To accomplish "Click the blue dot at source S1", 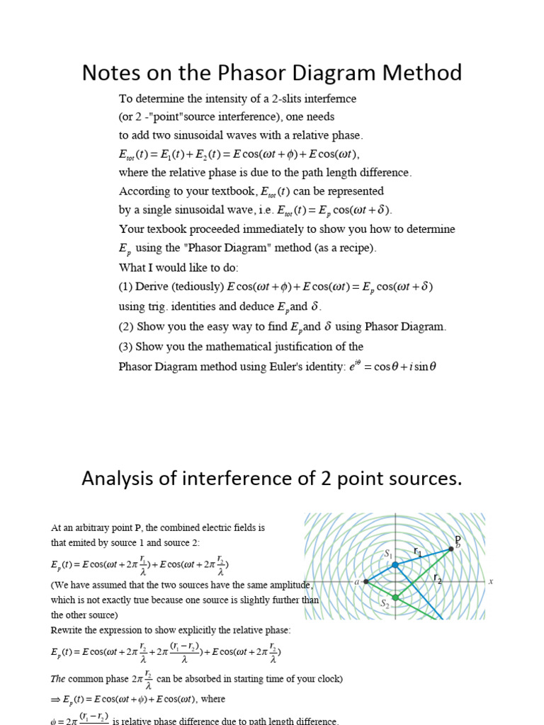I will click(395, 565).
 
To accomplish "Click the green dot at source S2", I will click(395, 598).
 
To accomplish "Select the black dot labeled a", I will click(365, 581).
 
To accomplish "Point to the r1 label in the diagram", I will click(418, 551).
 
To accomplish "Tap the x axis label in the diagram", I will click(490, 581).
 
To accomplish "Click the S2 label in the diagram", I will click(385, 604).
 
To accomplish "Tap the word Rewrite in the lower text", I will click(67, 630).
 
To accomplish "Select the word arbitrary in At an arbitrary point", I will click(89, 528).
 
